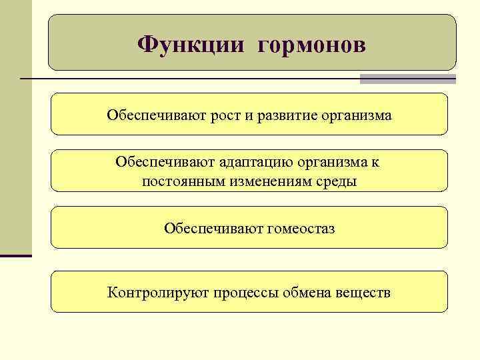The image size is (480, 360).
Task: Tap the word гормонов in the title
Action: (x=310, y=45)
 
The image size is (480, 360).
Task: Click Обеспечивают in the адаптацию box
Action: (x=155, y=162)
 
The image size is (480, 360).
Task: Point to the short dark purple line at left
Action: (x=16, y=255)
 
